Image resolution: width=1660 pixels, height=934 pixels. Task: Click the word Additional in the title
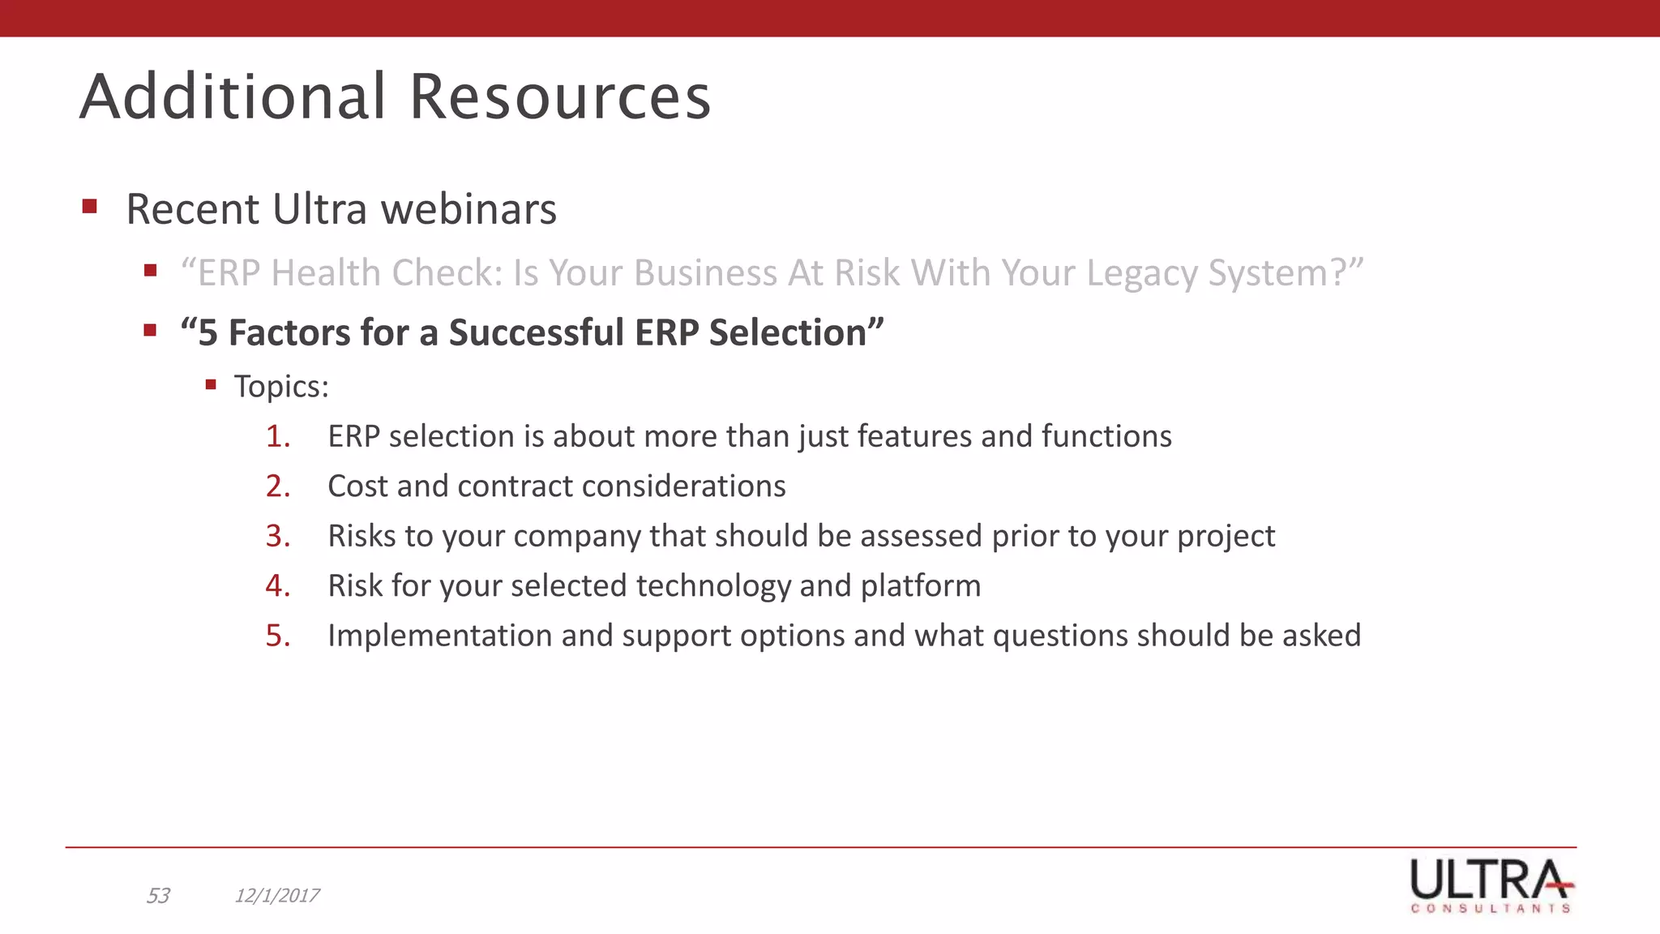click(x=233, y=97)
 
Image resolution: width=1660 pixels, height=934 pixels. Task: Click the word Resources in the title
click(x=559, y=97)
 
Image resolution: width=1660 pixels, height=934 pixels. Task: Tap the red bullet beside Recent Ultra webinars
click(x=90, y=206)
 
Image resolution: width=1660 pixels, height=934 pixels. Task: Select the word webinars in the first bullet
click(x=468, y=209)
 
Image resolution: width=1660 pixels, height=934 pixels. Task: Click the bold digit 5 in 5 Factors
click(x=207, y=333)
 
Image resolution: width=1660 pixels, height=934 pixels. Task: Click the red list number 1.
click(x=277, y=437)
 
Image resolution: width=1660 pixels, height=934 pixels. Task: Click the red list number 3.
click(x=277, y=537)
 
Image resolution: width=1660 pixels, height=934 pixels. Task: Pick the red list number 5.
click(x=277, y=636)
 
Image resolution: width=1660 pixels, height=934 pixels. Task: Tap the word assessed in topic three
click(x=921, y=537)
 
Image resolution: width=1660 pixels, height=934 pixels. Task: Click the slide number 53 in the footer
click(x=158, y=896)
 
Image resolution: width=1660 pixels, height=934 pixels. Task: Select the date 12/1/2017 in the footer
click(x=277, y=896)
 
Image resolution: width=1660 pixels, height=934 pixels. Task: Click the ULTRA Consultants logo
click(x=1491, y=885)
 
